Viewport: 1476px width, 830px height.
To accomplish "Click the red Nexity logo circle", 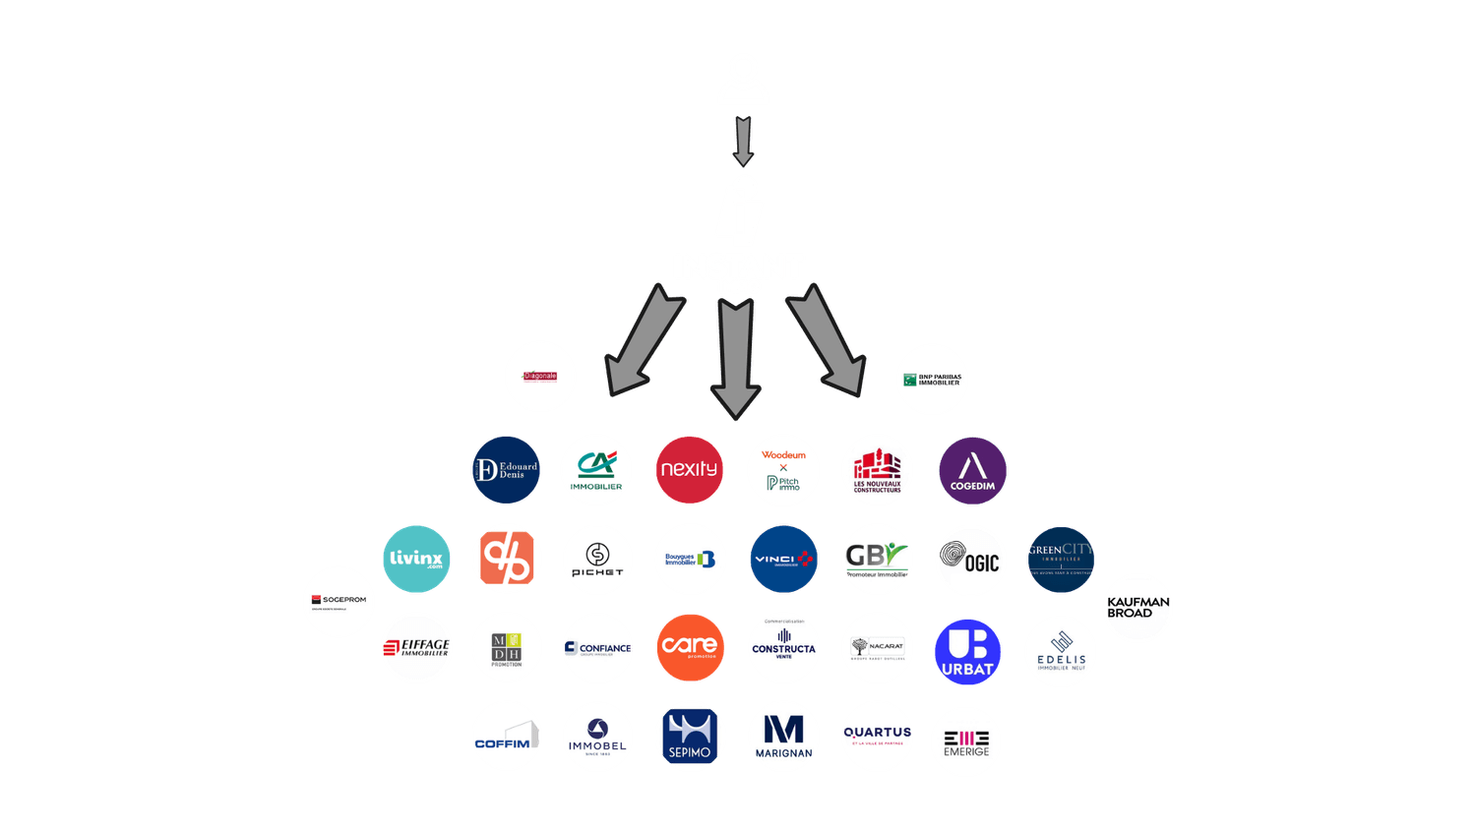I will (690, 469).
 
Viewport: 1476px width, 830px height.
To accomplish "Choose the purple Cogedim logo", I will (972, 471).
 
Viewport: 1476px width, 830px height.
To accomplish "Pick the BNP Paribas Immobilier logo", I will (932, 380).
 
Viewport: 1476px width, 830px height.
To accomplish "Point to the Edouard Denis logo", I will (506, 470).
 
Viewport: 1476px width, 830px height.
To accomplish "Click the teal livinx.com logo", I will (416, 559).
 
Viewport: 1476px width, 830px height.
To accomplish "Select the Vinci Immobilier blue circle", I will (783, 559).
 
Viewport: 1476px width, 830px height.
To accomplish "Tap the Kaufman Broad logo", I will (1138, 608).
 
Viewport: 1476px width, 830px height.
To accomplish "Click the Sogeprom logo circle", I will (338, 601).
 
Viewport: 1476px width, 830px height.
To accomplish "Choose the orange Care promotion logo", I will (690, 647).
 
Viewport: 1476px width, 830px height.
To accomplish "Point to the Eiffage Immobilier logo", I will (416, 648).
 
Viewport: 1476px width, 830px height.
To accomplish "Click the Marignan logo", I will (783, 737).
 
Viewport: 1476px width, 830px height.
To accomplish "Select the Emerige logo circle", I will (966, 741).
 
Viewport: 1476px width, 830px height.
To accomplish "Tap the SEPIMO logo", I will (690, 737).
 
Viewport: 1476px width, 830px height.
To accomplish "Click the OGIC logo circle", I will (970, 561).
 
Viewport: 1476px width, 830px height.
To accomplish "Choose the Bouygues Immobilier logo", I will (690, 559).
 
